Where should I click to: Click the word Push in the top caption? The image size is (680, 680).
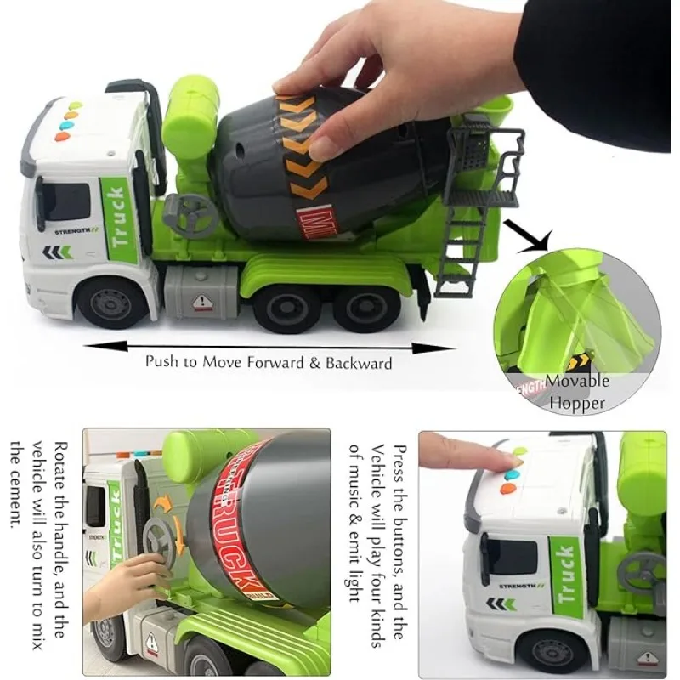click(161, 362)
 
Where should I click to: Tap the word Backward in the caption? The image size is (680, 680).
click(358, 363)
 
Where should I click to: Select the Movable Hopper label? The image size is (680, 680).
click(577, 392)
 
